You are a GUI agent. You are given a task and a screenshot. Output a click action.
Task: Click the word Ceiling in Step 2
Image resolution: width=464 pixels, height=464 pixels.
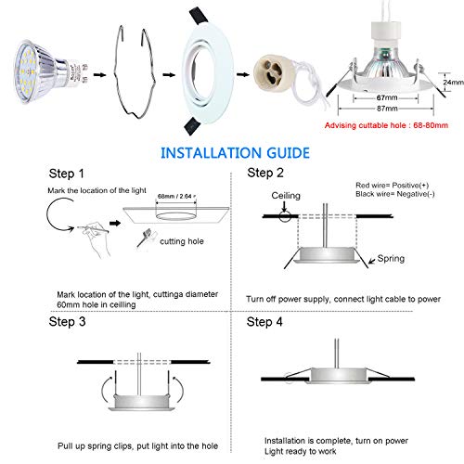[284, 197]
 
